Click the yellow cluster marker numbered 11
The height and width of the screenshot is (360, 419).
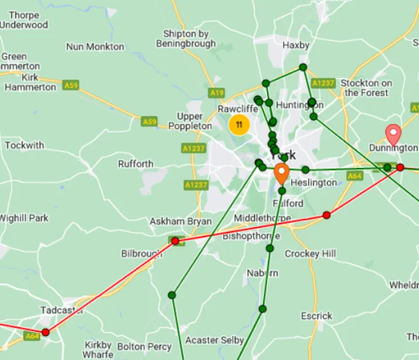239,125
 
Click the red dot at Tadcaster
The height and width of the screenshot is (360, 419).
46,332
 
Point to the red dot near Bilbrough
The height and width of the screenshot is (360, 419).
175,241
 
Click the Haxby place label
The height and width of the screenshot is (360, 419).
295,44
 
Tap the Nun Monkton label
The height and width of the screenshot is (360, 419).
95,47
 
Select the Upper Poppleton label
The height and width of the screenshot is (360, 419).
190,121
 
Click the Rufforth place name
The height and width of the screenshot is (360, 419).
135,164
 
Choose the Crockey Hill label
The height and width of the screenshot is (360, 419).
310,253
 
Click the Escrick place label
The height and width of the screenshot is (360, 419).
316,316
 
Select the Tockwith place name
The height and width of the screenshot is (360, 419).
24,145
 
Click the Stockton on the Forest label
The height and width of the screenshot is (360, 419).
366,88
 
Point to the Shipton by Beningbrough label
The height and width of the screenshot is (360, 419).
186,39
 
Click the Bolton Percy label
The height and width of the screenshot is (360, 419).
144,347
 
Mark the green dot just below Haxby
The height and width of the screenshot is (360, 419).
303,67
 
